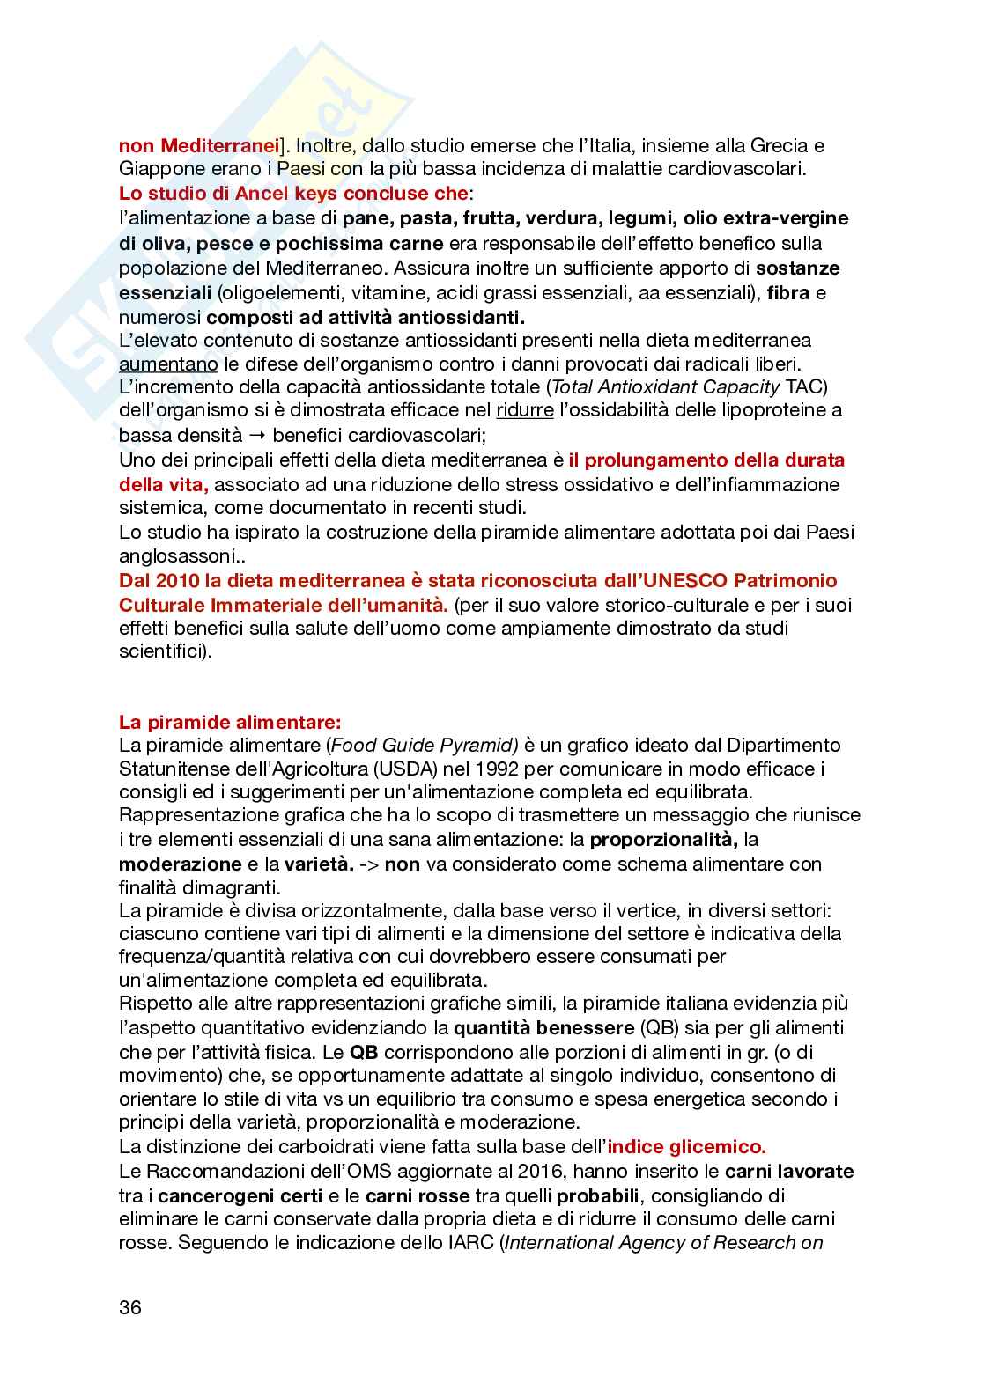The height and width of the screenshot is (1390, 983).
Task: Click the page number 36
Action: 130,1307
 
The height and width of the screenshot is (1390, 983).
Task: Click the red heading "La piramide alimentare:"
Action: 230,723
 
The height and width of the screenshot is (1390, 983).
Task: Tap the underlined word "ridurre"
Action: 525,410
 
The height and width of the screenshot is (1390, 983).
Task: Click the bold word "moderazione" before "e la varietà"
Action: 180,864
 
